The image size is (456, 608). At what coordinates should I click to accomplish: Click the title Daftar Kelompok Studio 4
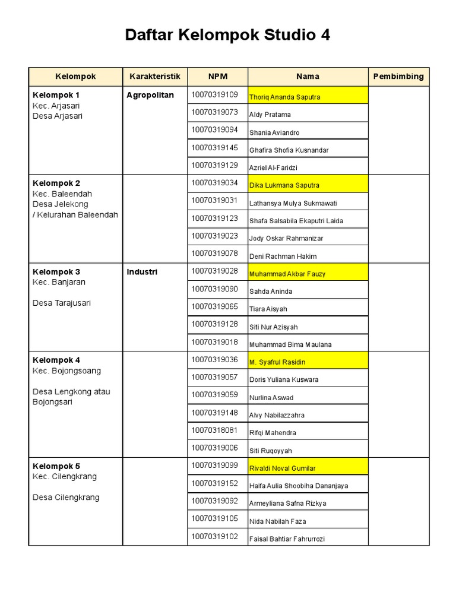point(227,36)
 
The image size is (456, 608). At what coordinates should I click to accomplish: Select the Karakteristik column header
point(154,77)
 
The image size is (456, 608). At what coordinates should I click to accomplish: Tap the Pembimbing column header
point(398,77)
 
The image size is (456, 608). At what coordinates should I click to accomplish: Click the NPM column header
point(217,77)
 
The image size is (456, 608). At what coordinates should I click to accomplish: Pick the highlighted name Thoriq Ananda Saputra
point(284,97)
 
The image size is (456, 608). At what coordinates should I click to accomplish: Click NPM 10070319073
point(214,112)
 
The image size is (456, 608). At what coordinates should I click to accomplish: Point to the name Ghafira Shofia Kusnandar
point(289,150)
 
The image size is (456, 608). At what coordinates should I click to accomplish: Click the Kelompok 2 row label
point(56,183)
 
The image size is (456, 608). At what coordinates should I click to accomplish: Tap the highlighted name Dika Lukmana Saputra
point(284,185)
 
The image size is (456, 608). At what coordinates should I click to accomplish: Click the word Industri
point(142,272)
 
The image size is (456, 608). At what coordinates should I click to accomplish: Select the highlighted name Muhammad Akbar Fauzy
point(287,274)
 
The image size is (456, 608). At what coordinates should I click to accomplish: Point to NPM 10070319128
point(214,324)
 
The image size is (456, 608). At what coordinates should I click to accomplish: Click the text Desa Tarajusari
point(62,303)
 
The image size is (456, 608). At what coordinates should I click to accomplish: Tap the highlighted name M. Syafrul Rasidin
point(277,362)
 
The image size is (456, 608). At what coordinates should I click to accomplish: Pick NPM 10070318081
point(214,430)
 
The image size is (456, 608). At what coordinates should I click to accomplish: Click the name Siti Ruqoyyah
point(271,451)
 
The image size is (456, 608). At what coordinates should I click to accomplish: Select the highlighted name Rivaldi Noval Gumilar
point(283,468)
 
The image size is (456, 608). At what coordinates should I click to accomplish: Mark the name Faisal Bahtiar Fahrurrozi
point(287,539)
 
